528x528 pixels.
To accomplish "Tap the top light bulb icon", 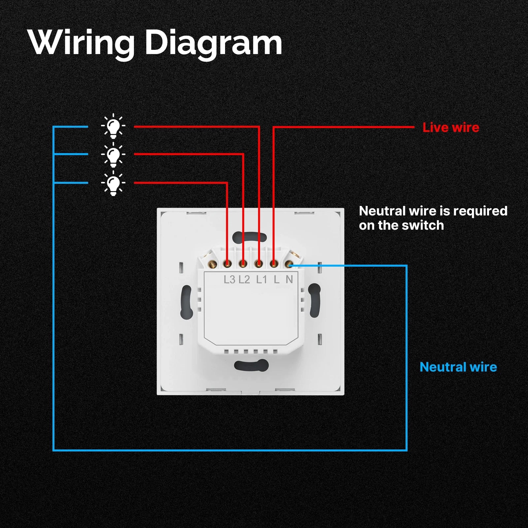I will [x=113, y=126].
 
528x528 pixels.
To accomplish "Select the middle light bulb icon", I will [x=113, y=154].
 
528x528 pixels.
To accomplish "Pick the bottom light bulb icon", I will [x=113, y=183].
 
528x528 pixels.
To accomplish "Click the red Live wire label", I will [x=451, y=127].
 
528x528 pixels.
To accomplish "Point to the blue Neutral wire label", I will [x=458, y=367].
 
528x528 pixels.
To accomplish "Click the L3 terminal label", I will [x=229, y=280].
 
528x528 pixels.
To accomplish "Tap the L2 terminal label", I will [x=244, y=280].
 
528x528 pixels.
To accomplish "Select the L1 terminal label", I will [x=261, y=280].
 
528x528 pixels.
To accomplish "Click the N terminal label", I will [x=289, y=280].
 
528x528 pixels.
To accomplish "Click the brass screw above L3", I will [x=227, y=264].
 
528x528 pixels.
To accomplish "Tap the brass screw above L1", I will [x=259, y=264].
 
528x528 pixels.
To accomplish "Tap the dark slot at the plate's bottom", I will [x=251, y=365].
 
